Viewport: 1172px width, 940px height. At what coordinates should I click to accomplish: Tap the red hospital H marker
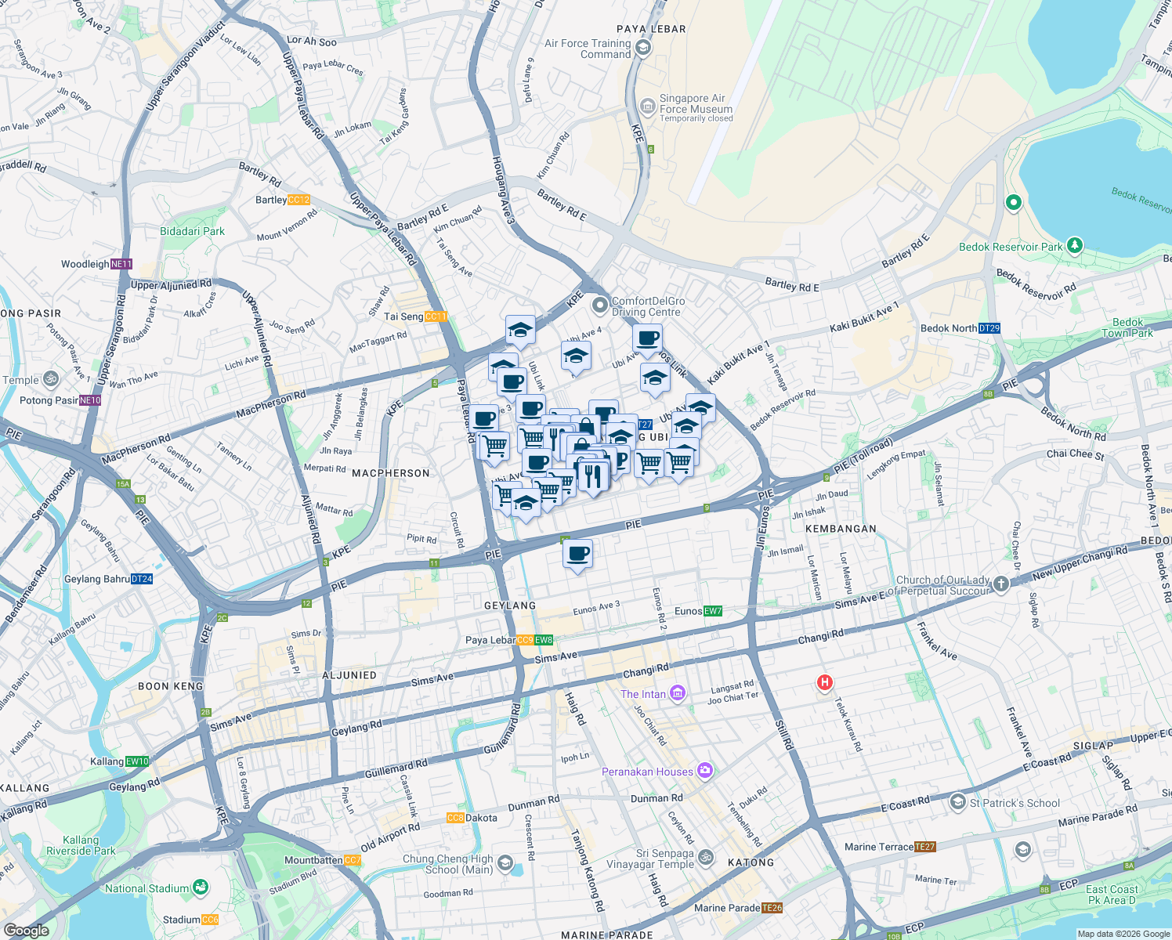[824, 682]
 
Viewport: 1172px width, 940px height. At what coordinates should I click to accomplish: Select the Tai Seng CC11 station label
[415, 316]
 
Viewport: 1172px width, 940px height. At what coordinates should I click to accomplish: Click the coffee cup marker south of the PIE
[578, 555]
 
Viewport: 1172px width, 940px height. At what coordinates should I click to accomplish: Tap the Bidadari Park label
[192, 231]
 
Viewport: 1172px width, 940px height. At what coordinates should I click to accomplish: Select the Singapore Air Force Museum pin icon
[647, 106]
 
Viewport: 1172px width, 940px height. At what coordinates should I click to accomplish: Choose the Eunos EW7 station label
[698, 611]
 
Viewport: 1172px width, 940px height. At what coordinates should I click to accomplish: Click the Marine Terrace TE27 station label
[890, 847]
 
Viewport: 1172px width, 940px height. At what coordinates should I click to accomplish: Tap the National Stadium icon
[201, 888]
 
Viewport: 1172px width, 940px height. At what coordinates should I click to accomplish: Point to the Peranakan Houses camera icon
[705, 771]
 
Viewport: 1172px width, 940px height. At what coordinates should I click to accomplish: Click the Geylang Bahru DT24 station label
[108, 579]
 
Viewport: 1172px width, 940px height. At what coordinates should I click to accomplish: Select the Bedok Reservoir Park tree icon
[1075, 245]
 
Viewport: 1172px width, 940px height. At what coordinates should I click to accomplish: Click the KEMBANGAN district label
[841, 529]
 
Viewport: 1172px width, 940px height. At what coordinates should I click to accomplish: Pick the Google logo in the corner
[27, 930]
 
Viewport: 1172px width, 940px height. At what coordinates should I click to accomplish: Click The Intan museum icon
[678, 693]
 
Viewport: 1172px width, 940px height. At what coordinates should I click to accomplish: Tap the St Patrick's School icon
[957, 802]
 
